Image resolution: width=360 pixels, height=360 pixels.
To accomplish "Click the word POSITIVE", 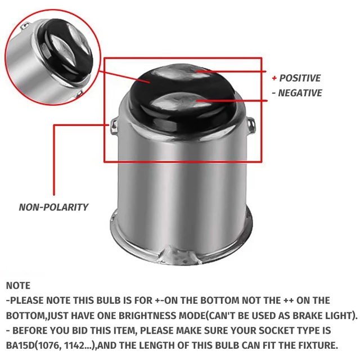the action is click(300, 78).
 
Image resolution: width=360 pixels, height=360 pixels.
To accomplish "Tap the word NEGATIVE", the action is click(300, 93).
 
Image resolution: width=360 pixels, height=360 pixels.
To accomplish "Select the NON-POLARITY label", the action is click(53, 207).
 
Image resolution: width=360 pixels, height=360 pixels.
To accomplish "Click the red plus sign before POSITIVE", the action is click(274, 78).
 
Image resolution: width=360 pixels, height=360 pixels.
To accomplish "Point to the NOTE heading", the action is click(18, 286).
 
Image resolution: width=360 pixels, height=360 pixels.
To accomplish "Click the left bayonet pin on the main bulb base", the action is click(114, 126).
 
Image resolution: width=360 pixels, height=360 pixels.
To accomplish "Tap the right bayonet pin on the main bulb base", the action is click(251, 125).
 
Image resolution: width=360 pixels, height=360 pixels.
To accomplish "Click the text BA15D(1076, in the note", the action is click(34, 345).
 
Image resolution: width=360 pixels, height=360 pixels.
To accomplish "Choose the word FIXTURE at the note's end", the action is click(318, 345).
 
